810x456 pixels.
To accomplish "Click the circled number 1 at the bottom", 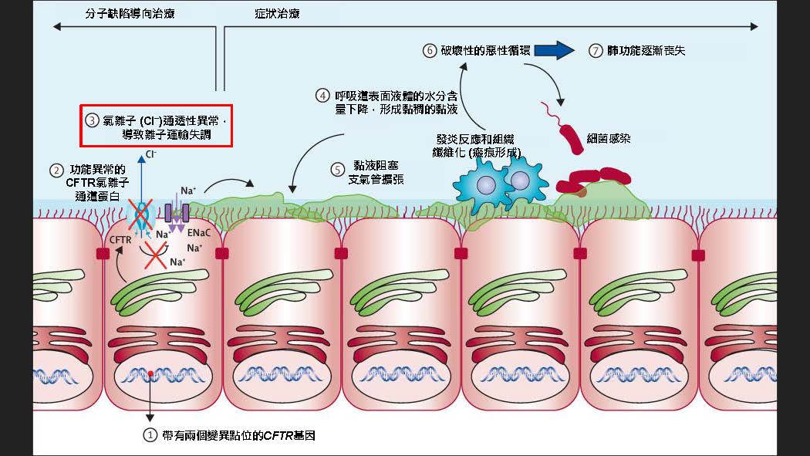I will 150,435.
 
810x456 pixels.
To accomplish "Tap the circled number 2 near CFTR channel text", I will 56,170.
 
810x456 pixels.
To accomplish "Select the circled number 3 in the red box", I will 92,120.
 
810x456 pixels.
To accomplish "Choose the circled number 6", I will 430,51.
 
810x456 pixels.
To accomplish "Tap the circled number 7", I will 595,51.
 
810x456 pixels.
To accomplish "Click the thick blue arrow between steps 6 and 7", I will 554,51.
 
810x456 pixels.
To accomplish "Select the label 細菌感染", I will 606,137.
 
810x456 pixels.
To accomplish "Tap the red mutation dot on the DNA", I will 151,374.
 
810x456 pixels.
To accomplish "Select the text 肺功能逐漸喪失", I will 646,51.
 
